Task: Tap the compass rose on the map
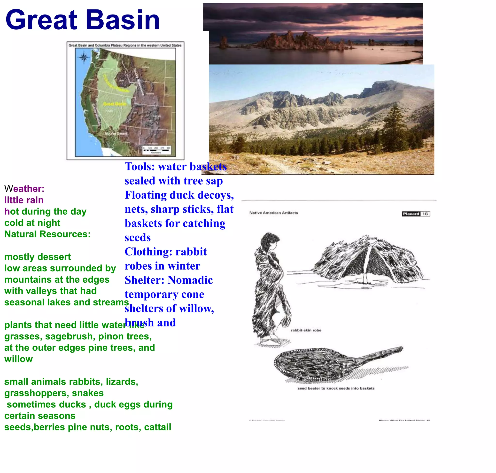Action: [84, 57]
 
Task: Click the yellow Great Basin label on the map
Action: [115, 104]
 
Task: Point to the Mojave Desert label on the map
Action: [116, 133]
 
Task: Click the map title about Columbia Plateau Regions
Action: [125, 45]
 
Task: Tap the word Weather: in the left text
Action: [24, 189]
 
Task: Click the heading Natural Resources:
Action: [47, 234]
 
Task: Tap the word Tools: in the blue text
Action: [140, 167]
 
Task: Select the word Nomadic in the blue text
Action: [190, 280]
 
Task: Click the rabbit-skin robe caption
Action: [306, 330]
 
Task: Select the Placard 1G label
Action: [416, 214]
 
